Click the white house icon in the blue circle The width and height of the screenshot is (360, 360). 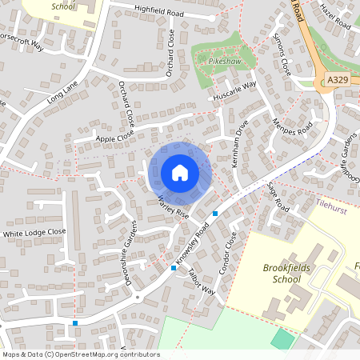[x=180, y=173]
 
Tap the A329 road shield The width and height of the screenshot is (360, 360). [x=338, y=80]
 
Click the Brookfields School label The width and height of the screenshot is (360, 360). [x=286, y=274]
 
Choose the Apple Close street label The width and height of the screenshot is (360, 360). [x=117, y=138]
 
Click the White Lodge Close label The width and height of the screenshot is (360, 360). [x=34, y=233]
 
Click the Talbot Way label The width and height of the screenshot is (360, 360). [x=204, y=282]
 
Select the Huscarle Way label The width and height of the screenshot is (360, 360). [x=234, y=91]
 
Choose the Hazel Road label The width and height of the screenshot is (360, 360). [x=335, y=15]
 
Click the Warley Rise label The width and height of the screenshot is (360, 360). [x=173, y=206]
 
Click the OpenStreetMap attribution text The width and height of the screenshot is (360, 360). [x=80, y=354]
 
